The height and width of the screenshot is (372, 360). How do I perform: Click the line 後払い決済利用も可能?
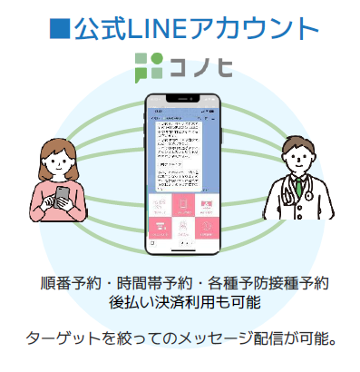click(x=180, y=301)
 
